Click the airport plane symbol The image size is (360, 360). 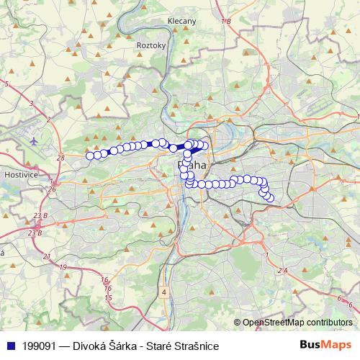35,140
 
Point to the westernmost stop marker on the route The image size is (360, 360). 91,156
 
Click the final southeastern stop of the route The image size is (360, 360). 270,198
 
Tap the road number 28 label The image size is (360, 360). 60,157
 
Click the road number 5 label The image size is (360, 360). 6,84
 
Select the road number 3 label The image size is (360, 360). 31,104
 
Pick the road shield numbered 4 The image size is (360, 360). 164,292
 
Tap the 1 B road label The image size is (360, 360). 226,22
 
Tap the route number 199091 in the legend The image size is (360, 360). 40,346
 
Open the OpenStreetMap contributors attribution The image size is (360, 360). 297,323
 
